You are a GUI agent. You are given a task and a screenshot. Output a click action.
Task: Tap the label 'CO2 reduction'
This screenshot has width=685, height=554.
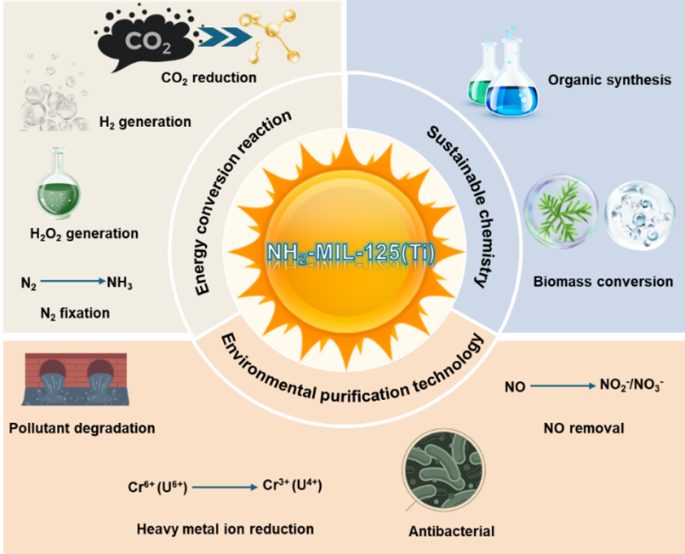point(208,78)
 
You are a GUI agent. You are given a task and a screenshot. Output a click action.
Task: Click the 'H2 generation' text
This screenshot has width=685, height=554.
point(145,122)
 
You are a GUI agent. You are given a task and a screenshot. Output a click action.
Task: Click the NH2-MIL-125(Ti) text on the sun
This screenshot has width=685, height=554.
point(350,253)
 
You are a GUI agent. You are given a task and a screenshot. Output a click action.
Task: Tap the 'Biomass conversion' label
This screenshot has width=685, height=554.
point(603,282)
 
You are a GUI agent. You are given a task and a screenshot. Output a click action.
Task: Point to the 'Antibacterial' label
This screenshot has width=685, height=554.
point(451,532)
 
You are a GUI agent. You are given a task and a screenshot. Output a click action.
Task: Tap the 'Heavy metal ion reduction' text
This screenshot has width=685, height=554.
point(226,529)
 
